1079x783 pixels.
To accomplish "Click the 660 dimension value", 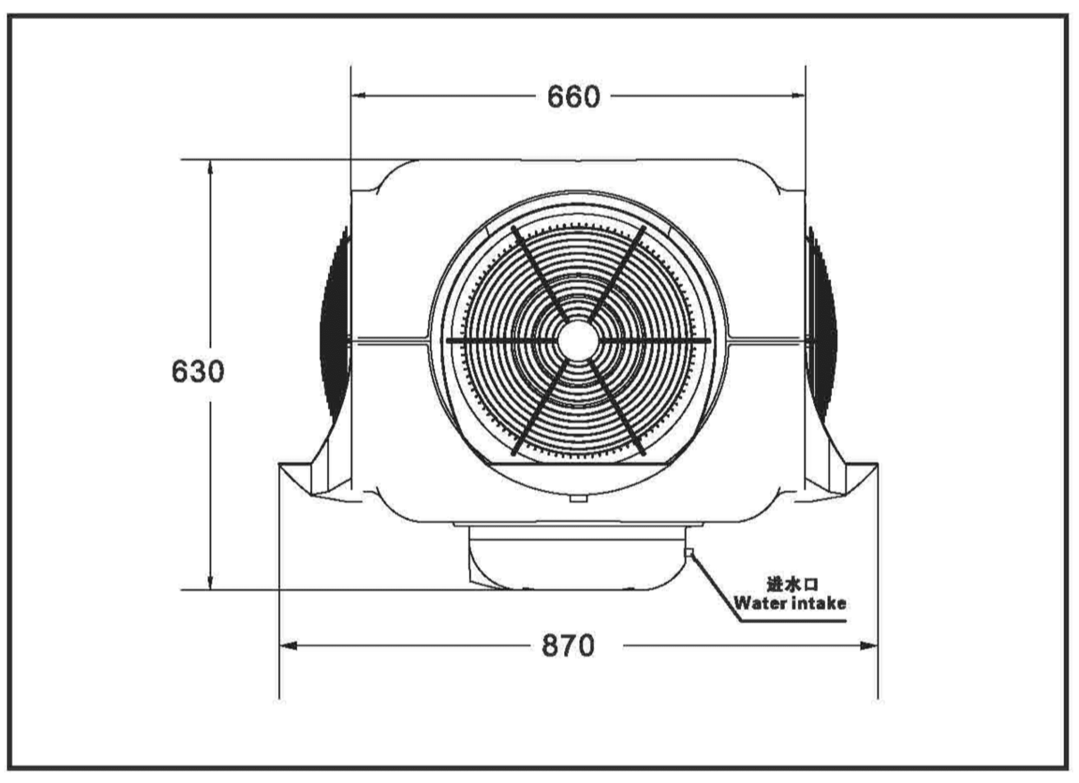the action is [x=573, y=97].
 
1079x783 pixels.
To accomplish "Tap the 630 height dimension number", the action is [x=198, y=371].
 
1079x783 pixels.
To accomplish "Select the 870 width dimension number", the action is [x=568, y=645].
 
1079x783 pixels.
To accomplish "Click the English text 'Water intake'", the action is [x=790, y=603].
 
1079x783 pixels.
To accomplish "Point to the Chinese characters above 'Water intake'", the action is [x=792, y=584].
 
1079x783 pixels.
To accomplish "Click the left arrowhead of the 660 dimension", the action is [x=359, y=95].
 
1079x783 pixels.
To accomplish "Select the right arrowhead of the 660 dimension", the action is [x=798, y=95].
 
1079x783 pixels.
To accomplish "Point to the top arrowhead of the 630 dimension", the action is [x=210, y=167].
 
